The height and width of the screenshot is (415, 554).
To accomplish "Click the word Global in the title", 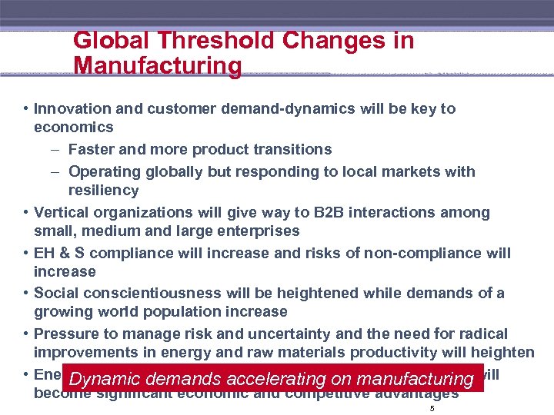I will [x=107, y=41].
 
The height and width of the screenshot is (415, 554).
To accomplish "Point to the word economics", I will [x=73, y=128].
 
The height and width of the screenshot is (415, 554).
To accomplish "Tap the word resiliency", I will [x=103, y=191].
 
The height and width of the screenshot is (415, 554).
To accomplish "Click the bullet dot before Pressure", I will [x=27, y=334].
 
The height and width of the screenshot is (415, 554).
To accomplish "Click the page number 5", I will [x=432, y=409].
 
